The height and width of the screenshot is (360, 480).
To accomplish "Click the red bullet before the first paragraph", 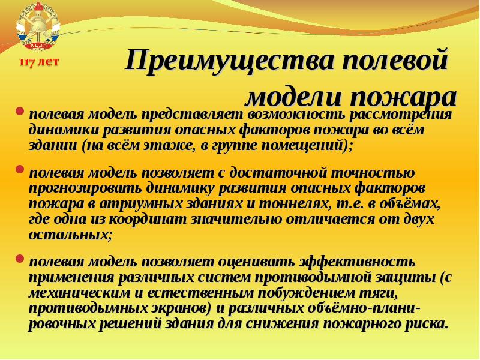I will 20,112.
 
